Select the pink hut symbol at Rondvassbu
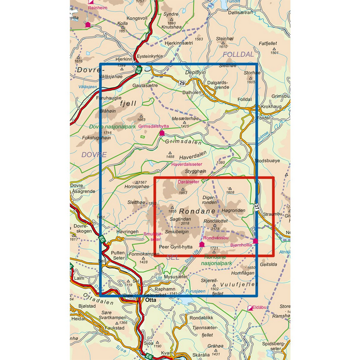click(x=202, y=244)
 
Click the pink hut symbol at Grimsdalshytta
click(x=162, y=133)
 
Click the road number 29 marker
click(x=182, y=83)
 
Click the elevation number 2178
click(x=214, y=228)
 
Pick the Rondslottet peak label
click(x=215, y=221)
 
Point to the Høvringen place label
click(x=127, y=231)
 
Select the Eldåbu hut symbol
click(x=250, y=308)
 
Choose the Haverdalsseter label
click(x=187, y=164)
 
